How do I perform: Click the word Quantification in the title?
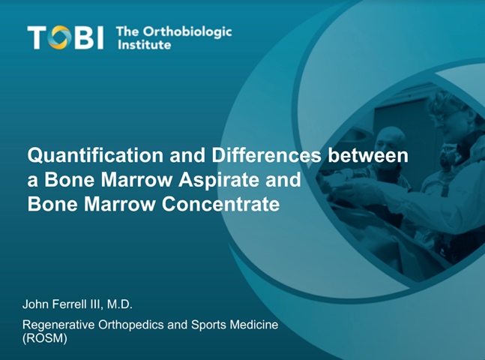pos(95,154)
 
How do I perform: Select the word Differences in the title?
pos(266,154)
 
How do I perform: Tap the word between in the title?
pos(368,154)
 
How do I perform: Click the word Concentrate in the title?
pos(221,204)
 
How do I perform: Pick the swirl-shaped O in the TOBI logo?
pos(59,37)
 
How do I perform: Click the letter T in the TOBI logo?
pos(37,37)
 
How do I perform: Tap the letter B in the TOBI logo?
pos(83,37)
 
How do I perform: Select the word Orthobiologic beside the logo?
pos(187,32)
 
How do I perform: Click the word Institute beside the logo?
pos(144,45)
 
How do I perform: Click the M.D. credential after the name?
pos(120,304)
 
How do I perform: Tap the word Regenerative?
pos(58,325)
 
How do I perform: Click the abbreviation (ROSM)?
pos(45,338)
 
